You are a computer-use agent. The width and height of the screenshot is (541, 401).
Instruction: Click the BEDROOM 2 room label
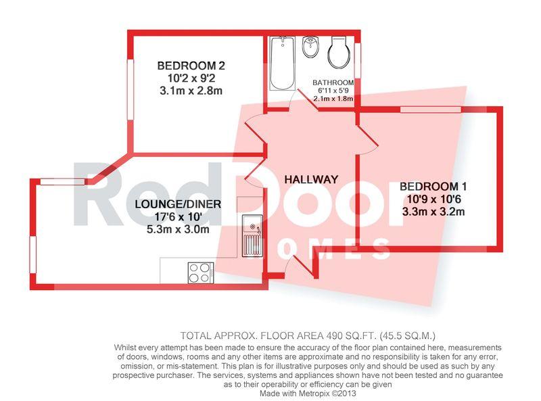point(191,66)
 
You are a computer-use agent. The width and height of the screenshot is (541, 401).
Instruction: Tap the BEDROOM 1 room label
point(433,187)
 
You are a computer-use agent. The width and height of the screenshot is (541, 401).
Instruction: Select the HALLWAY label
point(311,179)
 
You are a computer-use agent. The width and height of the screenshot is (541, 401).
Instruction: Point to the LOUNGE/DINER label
point(178,204)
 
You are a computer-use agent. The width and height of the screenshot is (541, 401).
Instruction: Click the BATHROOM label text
point(333,82)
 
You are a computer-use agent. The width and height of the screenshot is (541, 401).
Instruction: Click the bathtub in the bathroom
point(282,64)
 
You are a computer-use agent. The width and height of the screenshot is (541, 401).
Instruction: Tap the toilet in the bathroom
point(339,52)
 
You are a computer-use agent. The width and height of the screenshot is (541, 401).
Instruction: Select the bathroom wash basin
point(310,47)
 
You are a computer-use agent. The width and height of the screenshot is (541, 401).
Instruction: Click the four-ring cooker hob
point(200,273)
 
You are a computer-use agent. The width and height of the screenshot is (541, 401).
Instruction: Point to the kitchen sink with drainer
point(252,236)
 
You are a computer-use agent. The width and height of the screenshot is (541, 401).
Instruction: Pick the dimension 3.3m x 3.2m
point(433,212)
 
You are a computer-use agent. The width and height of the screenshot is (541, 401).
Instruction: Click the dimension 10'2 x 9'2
point(191,78)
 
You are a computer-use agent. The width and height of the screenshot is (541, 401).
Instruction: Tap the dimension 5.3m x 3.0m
point(178,229)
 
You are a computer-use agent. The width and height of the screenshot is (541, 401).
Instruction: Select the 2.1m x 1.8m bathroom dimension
point(333,99)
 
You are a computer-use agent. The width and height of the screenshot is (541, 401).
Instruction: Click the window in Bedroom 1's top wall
point(431,110)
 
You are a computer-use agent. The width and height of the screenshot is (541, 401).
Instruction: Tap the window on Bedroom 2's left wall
point(131,90)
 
